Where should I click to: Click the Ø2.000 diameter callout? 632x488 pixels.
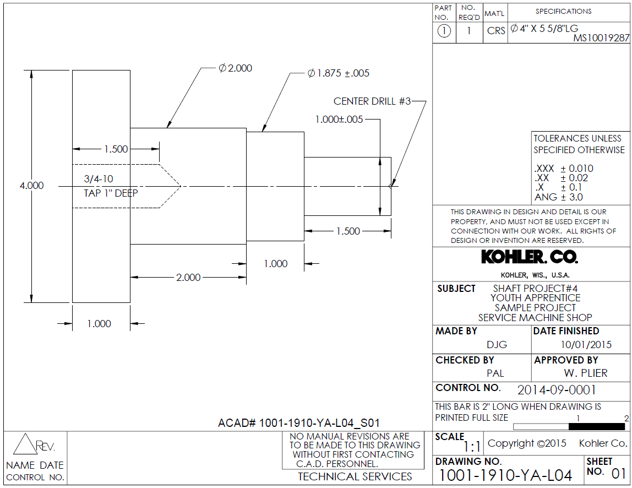[235, 68]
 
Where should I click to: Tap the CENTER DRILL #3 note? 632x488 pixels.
[372, 101]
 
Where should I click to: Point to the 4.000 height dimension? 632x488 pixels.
[31, 186]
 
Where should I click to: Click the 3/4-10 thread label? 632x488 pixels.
[99, 179]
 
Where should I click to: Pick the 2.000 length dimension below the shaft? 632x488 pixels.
[188, 277]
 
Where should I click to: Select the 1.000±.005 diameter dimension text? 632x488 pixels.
[339, 120]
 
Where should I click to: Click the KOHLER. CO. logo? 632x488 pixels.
[530, 257]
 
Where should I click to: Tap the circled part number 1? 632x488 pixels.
[444, 31]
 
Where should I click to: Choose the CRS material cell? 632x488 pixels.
[495, 31]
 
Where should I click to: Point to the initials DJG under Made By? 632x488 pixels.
[497, 345]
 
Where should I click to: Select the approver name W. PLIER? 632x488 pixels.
[586, 373]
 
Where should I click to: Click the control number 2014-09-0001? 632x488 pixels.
[557, 390]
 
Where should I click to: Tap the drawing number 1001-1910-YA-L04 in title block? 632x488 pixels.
[505, 475]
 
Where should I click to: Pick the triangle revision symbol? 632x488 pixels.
[24, 444]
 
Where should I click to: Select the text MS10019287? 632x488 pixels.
[601, 39]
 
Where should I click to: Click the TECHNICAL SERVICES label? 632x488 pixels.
[355, 476]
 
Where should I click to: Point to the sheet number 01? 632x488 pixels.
[619, 473]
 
